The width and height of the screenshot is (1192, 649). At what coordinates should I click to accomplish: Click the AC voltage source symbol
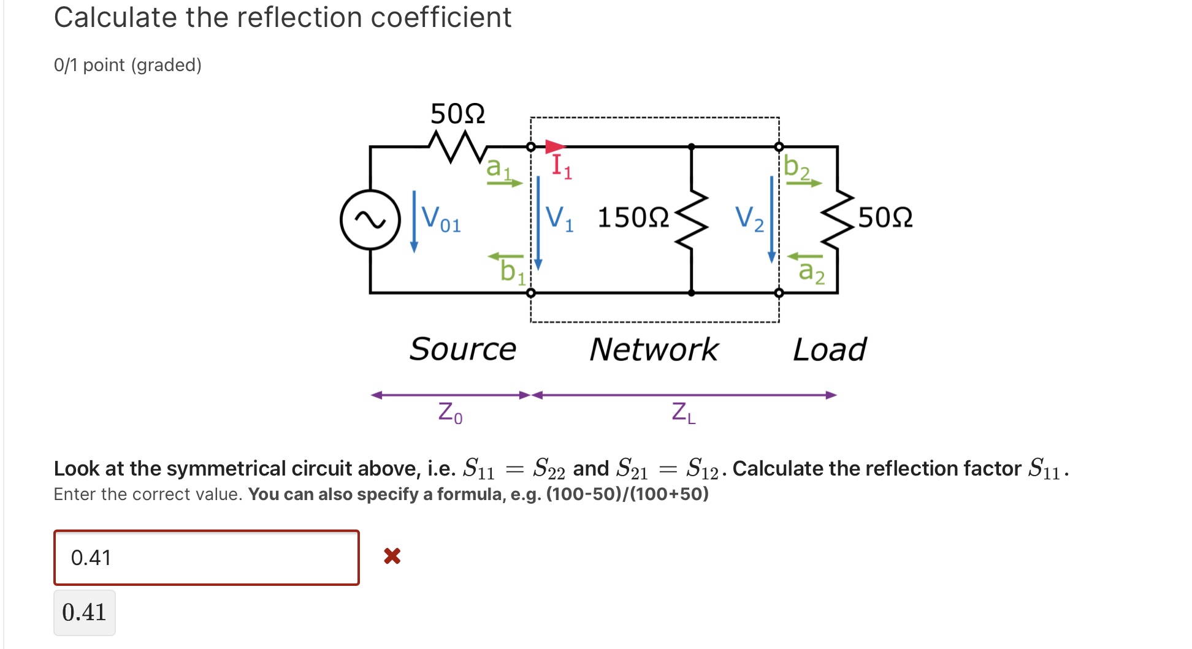[370, 219]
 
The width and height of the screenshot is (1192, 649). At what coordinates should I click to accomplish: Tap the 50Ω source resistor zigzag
[457, 147]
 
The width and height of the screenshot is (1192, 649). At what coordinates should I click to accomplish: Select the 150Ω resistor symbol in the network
[692, 219]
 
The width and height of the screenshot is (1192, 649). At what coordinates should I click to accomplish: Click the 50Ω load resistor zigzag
[838, 219]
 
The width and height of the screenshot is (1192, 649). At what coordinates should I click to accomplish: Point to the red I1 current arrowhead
[555, 147]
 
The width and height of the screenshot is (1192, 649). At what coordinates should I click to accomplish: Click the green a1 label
[498, 167]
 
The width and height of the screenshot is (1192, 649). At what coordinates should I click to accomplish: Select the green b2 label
[797, 167]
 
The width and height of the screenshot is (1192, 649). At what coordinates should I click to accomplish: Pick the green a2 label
[811, 271]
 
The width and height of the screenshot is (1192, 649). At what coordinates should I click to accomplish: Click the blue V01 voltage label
[440, 219]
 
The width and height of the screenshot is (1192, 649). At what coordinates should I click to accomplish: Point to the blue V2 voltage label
[749, 219]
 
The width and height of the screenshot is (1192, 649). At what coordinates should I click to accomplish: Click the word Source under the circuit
[463, 349]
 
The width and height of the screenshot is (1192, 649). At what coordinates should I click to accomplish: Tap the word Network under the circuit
[654, 349]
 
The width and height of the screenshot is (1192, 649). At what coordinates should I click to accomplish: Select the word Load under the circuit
[830, 349]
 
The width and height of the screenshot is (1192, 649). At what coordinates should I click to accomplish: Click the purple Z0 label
[450, 412]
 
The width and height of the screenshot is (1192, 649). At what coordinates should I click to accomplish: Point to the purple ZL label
[683, 412]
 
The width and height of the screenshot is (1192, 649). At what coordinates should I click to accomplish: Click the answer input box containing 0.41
[207, 558]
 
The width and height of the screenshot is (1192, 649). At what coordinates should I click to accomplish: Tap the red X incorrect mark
[392, 556]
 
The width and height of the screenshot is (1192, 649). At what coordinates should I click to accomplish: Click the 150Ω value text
[633, 218]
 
